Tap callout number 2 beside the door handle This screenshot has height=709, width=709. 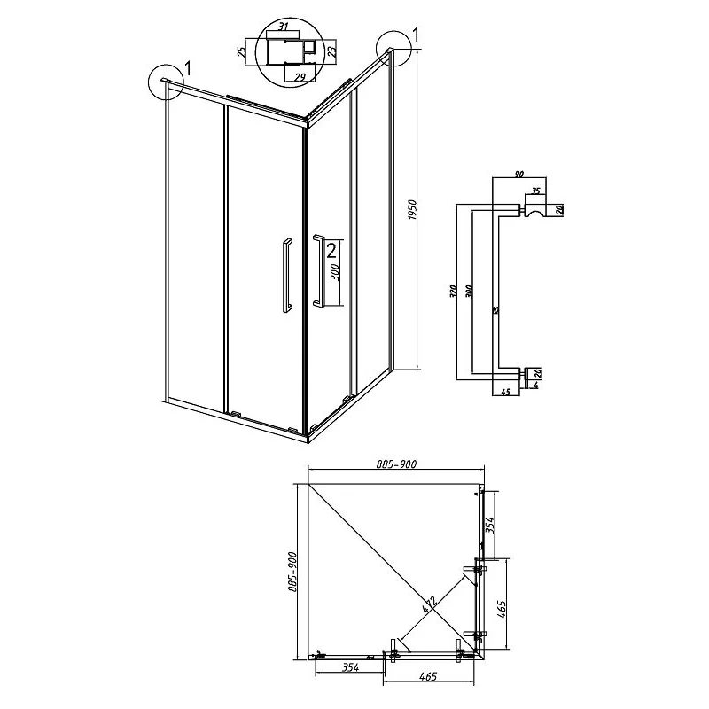point(331,250)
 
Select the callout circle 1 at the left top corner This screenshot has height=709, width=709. point(165,82)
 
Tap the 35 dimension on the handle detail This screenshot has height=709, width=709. point(534,191)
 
